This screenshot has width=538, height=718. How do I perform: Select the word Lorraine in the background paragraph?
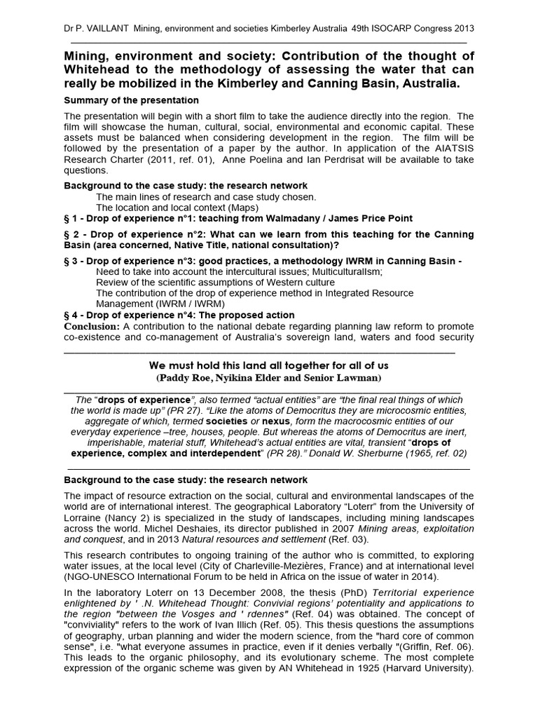point(84,518)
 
